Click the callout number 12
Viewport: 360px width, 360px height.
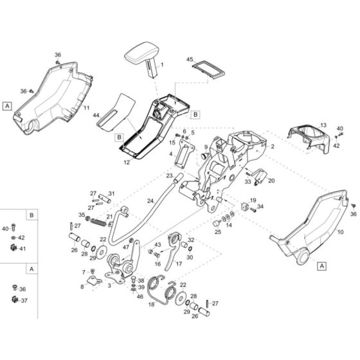pos(127,163)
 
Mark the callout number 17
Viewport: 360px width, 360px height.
pos(179,264)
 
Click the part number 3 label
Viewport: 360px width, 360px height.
pos(110,284)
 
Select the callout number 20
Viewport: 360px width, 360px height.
pos(271,181)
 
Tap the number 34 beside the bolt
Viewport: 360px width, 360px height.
pos(260,207)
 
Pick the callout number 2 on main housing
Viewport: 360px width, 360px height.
pos(273,147)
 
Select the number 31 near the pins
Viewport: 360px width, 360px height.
pos(111,193)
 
